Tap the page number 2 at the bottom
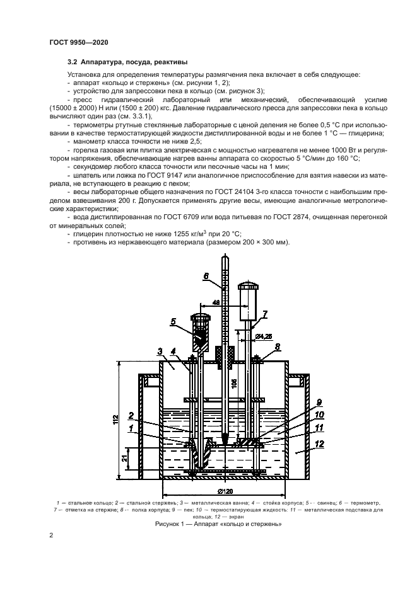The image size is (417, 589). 51,535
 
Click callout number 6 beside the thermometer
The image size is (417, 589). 206,276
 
